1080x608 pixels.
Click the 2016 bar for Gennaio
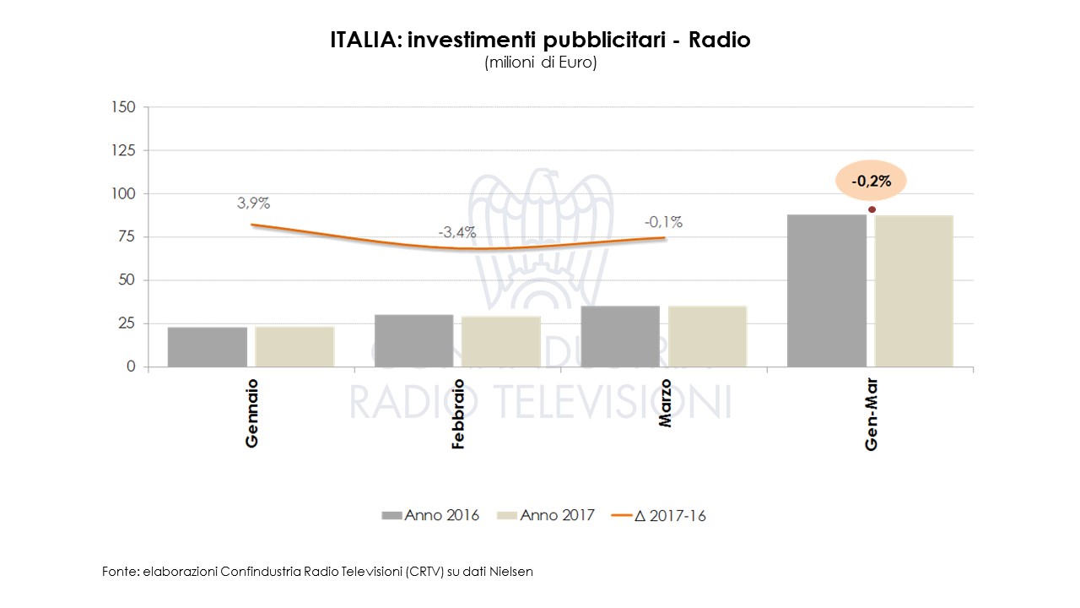click(x=208, y=346)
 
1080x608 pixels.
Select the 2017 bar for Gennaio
click(x=294, y=346)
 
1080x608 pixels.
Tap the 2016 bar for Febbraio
click(x=413, y=340)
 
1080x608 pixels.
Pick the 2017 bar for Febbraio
click(x=501, y=341)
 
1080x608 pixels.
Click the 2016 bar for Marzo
click(x=620, y=336)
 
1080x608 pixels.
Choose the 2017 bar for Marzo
click(x=707, y=336)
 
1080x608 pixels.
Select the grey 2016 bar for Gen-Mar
click(x=827, y=290)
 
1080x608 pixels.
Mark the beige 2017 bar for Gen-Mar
click(x=914, y=291)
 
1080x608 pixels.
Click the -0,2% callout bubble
click(x=870, y=181)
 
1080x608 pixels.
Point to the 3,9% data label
click(x=253, y=204)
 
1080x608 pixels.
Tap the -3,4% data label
click(x=457, y=232)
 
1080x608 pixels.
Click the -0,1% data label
click(x=663, y=223)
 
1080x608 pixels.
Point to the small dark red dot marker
click(x=872, y=209)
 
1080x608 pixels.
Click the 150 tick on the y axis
click(x=123, y=107)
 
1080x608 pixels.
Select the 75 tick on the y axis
click(x=127, y=237)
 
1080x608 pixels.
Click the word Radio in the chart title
click(x=719, y=40)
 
